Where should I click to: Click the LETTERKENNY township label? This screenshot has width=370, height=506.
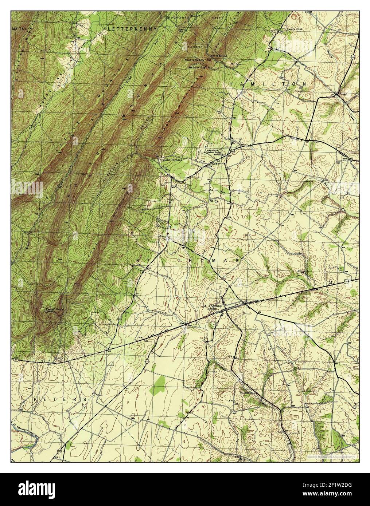click(133, 28)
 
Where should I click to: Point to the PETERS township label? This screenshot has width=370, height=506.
click(60, 399)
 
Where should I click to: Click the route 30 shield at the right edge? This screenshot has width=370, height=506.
click(346, 281)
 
